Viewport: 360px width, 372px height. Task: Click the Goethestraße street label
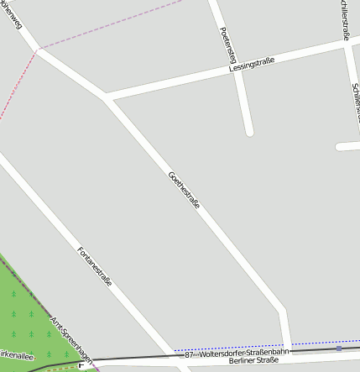point(184,191)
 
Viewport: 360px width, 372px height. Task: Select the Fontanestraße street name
point(94,266)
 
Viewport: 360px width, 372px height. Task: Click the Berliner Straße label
point(253,360)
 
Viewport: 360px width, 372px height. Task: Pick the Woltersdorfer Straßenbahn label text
point(243,352)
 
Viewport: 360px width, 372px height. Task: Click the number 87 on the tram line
point(189,355)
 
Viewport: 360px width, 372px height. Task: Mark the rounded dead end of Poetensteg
point(248,131)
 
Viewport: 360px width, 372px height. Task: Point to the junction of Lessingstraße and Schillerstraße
point(347,43)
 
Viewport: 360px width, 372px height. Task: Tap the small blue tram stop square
point(339,348)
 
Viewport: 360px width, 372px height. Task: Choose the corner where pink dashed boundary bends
point(37,50)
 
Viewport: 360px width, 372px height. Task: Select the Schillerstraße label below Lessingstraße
point(355,97)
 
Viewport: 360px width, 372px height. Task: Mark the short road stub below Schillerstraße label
point(348,146)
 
